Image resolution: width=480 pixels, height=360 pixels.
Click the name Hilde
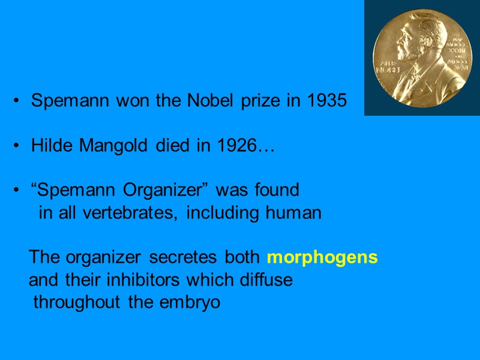[x=50, y=146]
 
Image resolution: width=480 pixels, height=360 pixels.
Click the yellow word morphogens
[x=322, y=258]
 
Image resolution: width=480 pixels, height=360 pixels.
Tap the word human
[x=297, y=213]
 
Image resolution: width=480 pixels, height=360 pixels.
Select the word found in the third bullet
[x=276, y=191]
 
